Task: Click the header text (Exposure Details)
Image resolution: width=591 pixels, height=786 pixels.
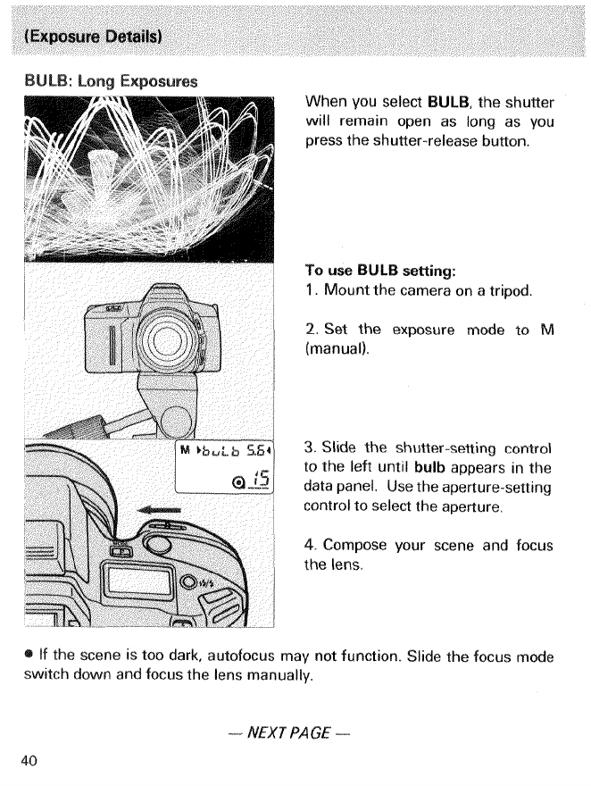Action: tap(93, 38)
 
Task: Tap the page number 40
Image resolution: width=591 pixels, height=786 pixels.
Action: tap(29, 760)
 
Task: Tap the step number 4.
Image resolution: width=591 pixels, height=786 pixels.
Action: tap(310, 544)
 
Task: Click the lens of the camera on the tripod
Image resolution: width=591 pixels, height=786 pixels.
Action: tap(165, 340)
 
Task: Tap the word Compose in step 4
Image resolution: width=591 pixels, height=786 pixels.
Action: tap(355, 544)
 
